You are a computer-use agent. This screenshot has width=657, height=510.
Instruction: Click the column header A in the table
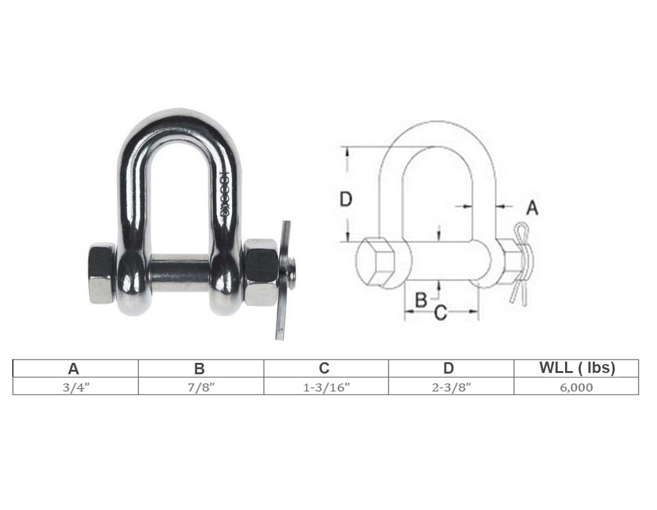pos(74,369)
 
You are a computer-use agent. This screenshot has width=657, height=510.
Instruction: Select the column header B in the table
pos(200,369)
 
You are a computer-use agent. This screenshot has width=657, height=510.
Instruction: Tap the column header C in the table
pos(325,369)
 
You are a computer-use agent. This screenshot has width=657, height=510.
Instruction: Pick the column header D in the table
pos(449,369)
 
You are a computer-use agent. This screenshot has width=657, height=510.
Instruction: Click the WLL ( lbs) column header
pos(576,369)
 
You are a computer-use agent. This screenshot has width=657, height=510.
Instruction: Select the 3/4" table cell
pos(74,386)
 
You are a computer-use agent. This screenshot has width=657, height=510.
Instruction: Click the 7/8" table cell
pos(200,386)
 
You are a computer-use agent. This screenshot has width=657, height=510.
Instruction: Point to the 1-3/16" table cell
pos(325,386)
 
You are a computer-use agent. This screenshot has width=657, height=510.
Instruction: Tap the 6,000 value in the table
pos(576,386)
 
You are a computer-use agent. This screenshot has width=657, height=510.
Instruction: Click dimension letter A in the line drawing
pos(532,207)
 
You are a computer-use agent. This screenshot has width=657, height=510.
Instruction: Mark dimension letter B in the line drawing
pos(420,299)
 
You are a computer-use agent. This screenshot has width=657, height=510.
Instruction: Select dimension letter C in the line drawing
pos(440,313)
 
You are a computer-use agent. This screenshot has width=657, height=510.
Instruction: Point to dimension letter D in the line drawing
pos(346,200)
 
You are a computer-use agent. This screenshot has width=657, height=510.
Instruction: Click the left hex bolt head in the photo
pos(101,273)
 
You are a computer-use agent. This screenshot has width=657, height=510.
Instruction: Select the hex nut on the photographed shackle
pos(261,272)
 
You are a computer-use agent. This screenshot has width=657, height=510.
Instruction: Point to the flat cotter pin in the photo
pos(283,279)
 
